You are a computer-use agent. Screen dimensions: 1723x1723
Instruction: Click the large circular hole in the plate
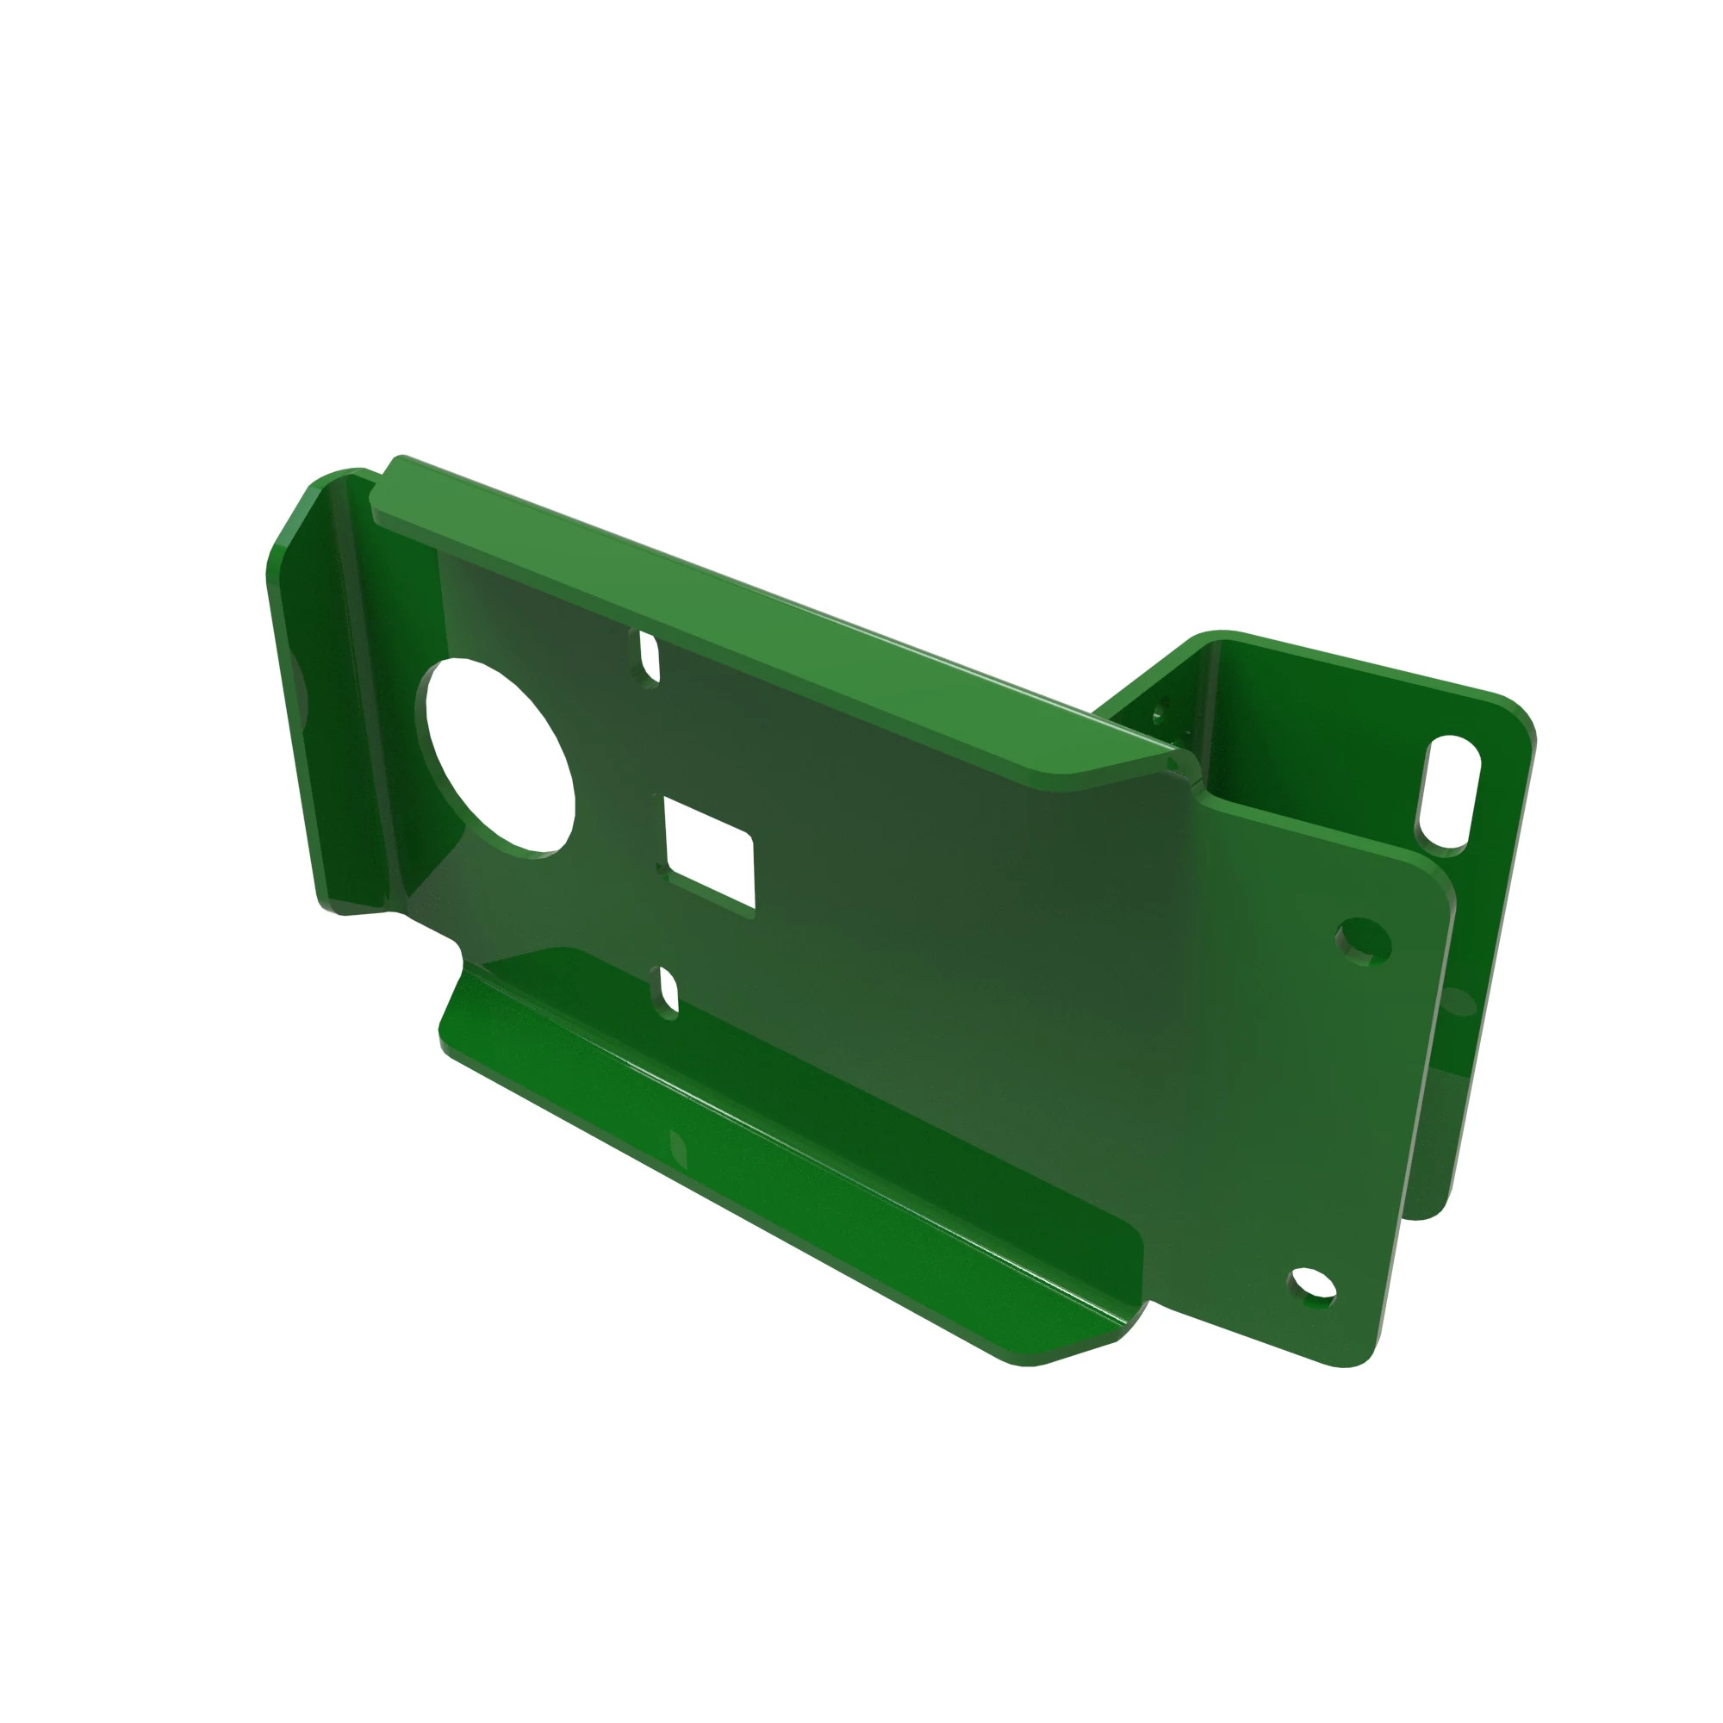[501, 758]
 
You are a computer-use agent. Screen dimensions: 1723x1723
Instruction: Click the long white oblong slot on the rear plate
[1446, 790]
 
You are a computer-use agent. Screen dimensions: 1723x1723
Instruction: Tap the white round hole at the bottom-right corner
[1313, 1287]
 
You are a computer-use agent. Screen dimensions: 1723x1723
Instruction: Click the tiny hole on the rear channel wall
[1160, 713]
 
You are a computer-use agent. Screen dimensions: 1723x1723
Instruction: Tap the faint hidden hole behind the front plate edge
[1456, 1004]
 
